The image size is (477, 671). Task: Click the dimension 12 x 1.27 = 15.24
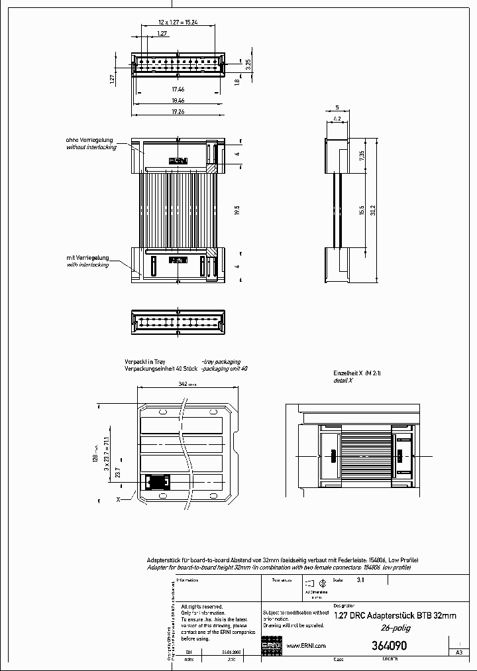pos(178,22)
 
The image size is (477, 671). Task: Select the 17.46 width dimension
pos(178,88)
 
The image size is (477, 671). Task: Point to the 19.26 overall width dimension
pos(178,112)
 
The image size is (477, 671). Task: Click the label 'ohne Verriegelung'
pos(89,141)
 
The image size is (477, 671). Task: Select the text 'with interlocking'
pos(91,265)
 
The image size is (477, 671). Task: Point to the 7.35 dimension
pos(362,155)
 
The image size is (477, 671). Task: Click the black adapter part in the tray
pos(158,482)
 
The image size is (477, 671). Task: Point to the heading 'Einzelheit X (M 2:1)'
pos(356,374)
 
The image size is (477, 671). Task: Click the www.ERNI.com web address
pos(305,646)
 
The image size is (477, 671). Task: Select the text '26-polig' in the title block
pos(394,628)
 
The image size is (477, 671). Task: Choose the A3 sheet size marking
pos(458,652)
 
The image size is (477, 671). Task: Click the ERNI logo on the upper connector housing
pos(178,160)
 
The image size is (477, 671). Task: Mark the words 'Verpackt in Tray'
pos(144,362)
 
